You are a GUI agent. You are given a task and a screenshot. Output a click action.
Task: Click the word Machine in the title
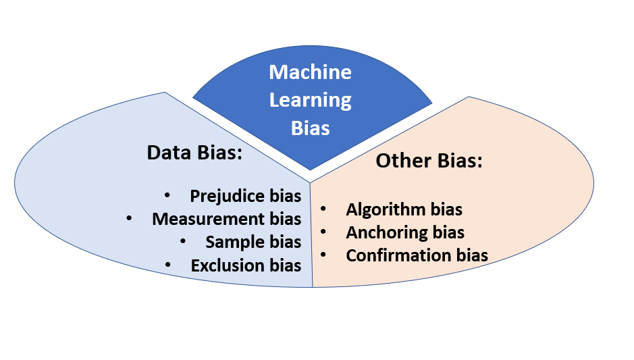point(310,72)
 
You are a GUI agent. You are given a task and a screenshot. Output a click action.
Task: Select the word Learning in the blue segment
point(310,100)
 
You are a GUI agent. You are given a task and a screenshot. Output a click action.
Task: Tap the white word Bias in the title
point(310,128)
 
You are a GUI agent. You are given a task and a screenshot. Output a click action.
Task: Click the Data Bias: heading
point(194,153)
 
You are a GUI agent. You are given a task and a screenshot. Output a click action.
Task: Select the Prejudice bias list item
point(245,196)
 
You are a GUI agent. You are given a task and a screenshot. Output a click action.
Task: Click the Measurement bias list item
point(226,219)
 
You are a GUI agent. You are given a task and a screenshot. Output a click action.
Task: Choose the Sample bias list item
point(253,242)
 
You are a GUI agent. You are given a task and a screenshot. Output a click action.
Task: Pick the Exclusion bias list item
point(246,265)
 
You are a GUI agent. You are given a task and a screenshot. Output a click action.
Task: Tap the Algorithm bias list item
point(404,210)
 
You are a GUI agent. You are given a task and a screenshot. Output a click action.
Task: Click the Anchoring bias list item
point(405,233)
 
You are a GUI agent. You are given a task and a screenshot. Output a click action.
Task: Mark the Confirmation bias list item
point(417,256)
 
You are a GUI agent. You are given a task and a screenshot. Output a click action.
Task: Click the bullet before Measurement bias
point(130,218)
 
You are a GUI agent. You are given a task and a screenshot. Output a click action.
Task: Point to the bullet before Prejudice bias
point(167,195)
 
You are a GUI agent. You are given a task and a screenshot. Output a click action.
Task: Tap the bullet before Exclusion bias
point(168,265)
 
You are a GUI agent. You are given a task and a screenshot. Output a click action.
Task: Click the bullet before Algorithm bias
point(324,209)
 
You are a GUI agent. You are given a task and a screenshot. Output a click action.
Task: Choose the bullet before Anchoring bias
point(324,232)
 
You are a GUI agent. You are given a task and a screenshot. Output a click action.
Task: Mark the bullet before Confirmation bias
point(324,255)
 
